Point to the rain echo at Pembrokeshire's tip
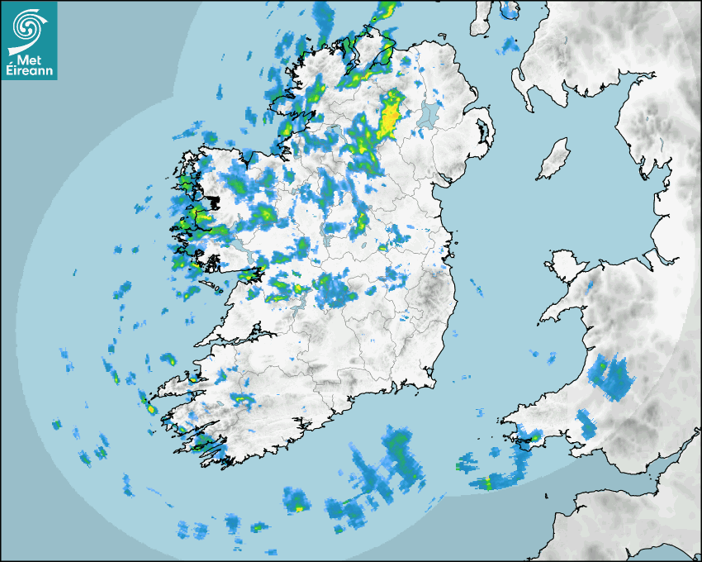pyautogui.click(x=534, y=436)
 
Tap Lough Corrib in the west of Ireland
pyautogui.click(x=240, y=247)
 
